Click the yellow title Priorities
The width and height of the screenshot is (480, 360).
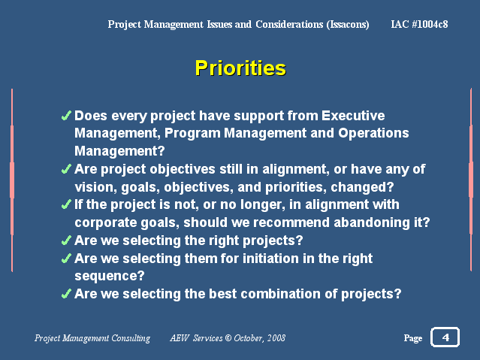click(240, 68)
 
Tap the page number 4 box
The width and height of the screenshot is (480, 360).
click(445, 337)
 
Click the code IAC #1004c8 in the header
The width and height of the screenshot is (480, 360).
click(419, 24)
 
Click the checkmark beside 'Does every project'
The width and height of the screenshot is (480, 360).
click(66, 116)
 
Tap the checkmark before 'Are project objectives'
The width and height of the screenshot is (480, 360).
click(66, 169)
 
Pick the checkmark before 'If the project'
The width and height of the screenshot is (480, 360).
click(66, 204)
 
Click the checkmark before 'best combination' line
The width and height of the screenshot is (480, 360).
click(66, 294)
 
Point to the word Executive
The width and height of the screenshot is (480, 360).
click(353, 116)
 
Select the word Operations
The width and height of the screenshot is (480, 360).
click(373, 133)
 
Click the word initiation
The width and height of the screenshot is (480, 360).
click(270, 259)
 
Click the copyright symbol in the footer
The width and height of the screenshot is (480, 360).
click(228, 338)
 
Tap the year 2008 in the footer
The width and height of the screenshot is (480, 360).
click(276, 338)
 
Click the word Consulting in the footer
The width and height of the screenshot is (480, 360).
click(131, 338)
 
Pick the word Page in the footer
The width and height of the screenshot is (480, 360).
click(413, 338)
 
